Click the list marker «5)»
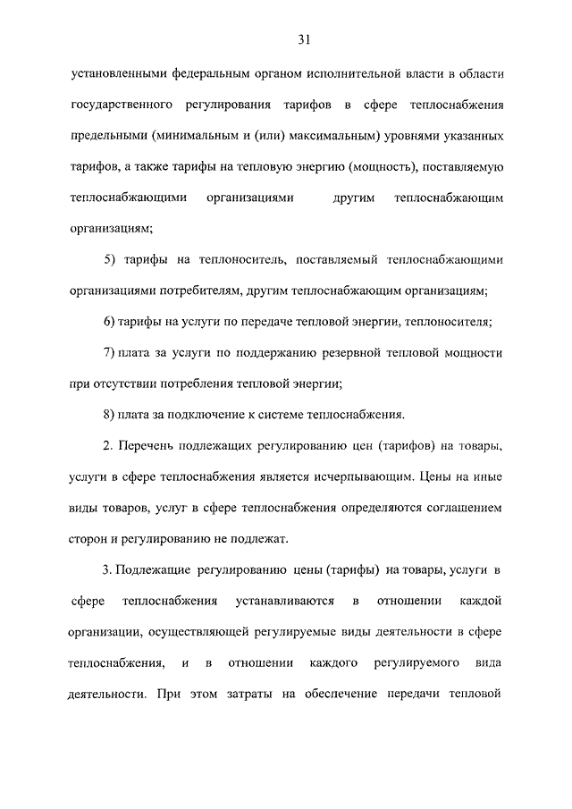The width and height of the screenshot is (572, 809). click(x=112, y=259)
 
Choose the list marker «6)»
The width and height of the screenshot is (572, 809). click(x=112, y=321)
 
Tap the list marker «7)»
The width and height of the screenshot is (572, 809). click(x=112, y=353)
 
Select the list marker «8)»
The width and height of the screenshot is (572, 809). click(x=112, y=414)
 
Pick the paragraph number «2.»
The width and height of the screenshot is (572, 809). click(x=109, y=445)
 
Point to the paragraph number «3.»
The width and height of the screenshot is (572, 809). click(x=109, y=569)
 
